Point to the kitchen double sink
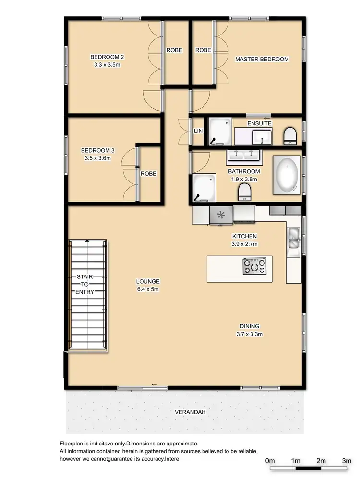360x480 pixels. click(293, 239)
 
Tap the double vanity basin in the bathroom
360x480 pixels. click(243, 156)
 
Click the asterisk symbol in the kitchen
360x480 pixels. click(221, 215)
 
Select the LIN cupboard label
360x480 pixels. click(198, 131)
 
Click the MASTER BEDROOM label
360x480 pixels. click(262, 60)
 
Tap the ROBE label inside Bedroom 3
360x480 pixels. click(148, 174)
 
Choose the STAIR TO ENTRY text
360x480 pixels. click(87, 285)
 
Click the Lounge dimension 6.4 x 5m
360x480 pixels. click(148, 289)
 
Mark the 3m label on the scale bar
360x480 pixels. click(347, 460)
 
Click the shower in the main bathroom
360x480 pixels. click(204, 189)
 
